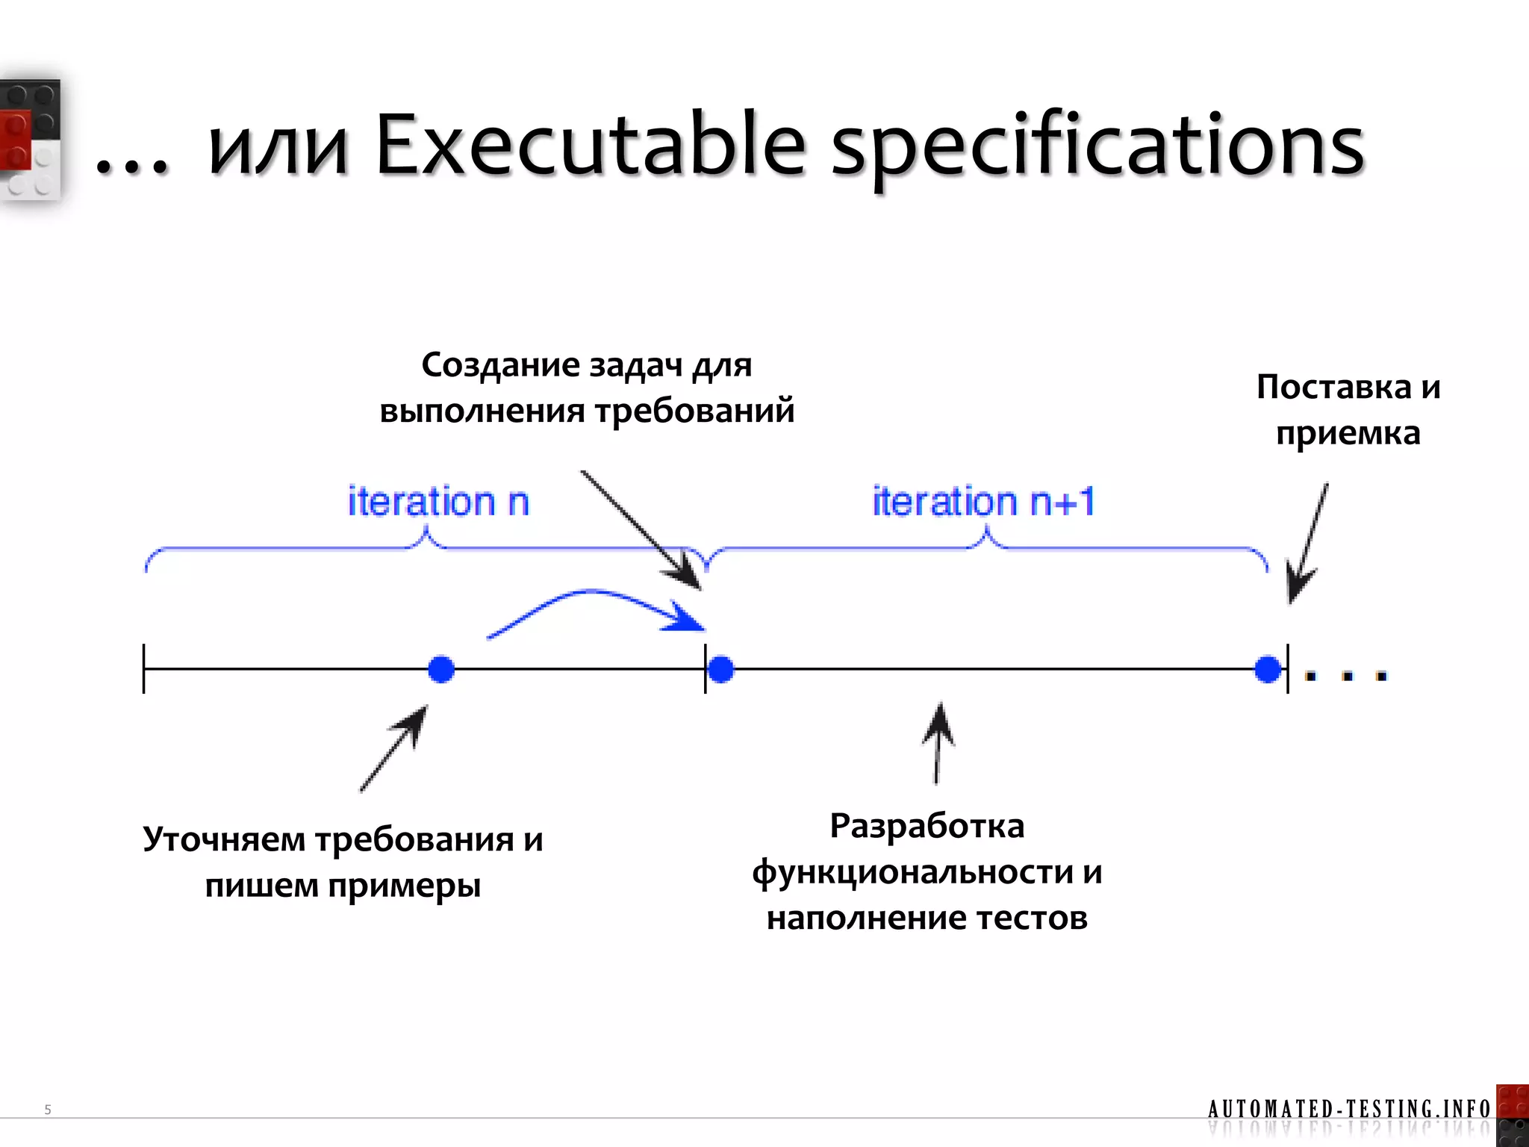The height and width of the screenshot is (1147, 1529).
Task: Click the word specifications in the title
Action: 1097,149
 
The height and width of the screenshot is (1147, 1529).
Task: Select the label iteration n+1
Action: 983,501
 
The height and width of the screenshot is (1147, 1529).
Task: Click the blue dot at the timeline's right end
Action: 1268,669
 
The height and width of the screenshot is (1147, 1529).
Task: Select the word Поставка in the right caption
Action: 1334,387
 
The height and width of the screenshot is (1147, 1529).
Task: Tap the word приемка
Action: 1348,433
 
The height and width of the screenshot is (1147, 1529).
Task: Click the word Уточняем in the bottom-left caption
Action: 224,839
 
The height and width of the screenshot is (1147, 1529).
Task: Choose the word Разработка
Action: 927,826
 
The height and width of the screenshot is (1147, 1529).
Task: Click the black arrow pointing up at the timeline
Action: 938,743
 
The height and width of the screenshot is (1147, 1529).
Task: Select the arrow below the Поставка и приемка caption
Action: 1307,545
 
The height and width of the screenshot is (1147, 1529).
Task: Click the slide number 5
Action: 48,1110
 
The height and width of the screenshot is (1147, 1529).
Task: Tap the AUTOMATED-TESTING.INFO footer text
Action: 1348,1109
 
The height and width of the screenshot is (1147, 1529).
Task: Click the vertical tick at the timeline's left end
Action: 144,669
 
